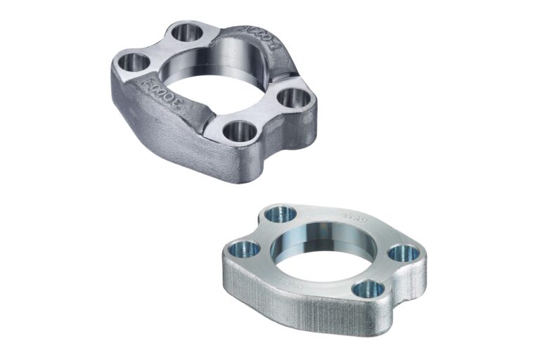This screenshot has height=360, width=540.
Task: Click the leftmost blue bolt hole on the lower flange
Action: [246, 247]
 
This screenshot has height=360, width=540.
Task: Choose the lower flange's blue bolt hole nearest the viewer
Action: [369, 288]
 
